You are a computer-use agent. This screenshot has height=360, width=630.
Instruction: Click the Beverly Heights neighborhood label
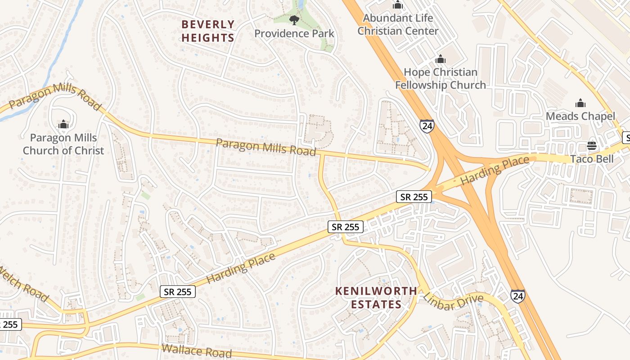(x=208, y=31)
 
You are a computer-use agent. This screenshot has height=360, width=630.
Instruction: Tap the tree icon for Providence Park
(x=294, y=20)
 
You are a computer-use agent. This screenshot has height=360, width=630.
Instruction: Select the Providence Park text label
(x=294, y=34)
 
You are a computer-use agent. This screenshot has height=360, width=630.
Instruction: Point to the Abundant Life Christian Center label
(x=398, y=25)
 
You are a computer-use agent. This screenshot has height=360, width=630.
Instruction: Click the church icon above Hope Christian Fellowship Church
(x=441, y=59)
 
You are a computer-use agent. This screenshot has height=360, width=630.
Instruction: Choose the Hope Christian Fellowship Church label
(x=441, y=79)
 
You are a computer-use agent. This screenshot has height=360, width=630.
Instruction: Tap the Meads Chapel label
(x=580, y=117)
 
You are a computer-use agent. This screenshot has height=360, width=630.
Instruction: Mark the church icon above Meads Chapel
(x=580, y=103)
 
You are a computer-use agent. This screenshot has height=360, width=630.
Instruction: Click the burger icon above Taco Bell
(x=592, y=146)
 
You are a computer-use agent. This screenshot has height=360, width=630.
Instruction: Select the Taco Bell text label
(x=592, y=159)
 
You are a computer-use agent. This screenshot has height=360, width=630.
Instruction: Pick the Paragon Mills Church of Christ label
(x=63, y=144)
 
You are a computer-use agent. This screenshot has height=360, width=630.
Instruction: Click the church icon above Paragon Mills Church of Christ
(x=63, y=124)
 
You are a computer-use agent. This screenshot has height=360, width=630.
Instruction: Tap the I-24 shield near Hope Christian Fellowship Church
(x=427, y=126)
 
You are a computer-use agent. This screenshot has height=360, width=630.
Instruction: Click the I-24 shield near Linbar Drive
(x=517, y=296)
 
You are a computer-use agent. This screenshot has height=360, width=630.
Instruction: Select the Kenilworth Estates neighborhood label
(x=376, y=298)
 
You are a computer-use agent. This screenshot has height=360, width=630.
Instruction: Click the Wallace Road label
(x=197, y=350)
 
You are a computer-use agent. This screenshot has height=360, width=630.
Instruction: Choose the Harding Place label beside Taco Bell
(x=495, y=171)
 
